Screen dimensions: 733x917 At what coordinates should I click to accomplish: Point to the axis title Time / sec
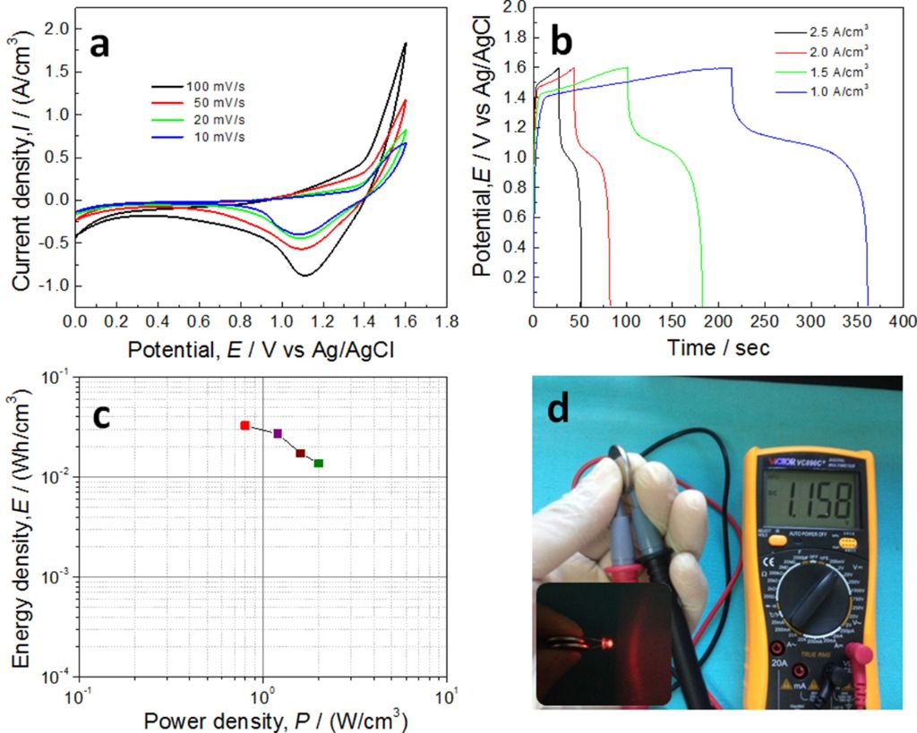(x=718, y=347)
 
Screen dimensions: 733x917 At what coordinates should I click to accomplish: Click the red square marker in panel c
(x=244, y=425)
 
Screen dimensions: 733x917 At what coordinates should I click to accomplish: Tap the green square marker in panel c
(x=319, y=463)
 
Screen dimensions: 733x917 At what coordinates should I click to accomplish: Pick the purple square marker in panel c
(x=278, y=433)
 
